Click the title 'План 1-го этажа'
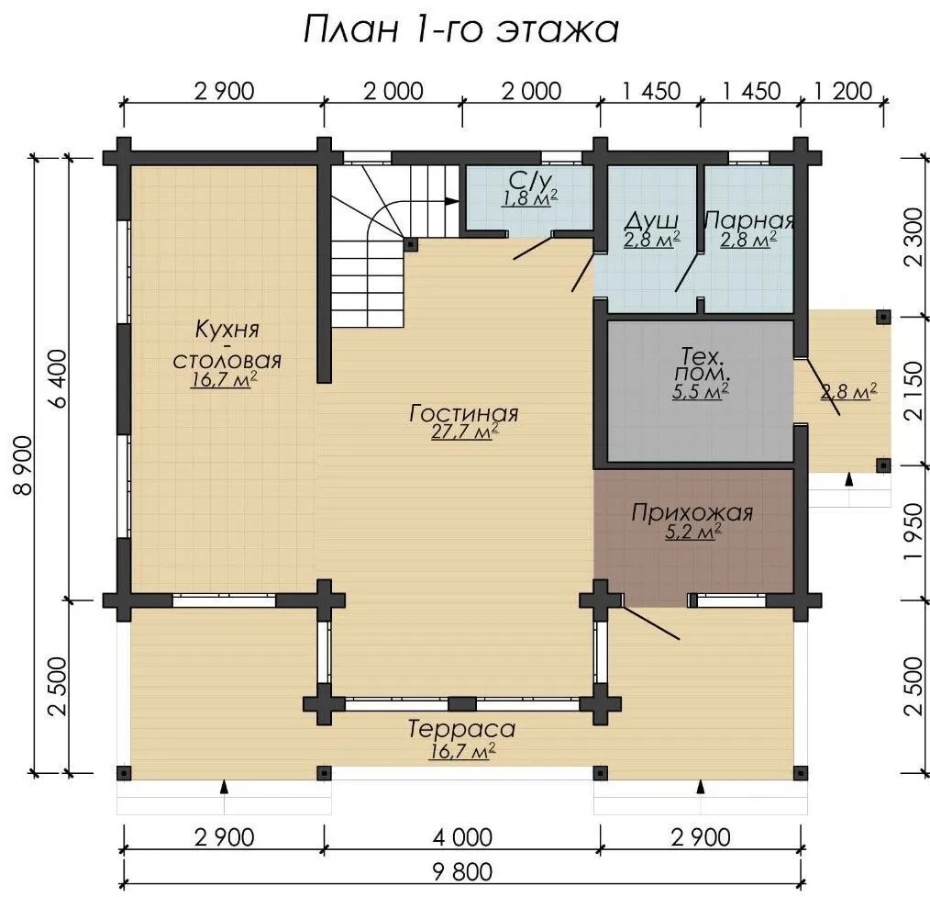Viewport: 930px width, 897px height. pos(460,29)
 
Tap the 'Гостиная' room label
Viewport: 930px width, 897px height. pos(463,413)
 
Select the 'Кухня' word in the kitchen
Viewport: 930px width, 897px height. pos(227,329)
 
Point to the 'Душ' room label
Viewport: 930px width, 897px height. pos(652,221)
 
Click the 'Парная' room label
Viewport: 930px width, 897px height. pos(749,220)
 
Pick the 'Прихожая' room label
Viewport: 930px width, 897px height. pos(692,512)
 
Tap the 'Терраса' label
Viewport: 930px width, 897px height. pos(461,729)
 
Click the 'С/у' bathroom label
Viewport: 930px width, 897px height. pos(530,179)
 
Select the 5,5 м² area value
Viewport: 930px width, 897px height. pos(701,392)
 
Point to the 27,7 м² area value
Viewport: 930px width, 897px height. pos(464,432)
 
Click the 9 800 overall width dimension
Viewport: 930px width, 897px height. pos(462,871)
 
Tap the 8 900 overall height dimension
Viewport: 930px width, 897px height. pos(25,465)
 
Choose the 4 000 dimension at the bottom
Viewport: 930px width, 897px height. pos(462,837)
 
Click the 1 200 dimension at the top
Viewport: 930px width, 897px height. pos(844,91)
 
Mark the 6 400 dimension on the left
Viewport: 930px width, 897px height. pos(60,379)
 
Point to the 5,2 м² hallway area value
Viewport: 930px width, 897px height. pos(692,532)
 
